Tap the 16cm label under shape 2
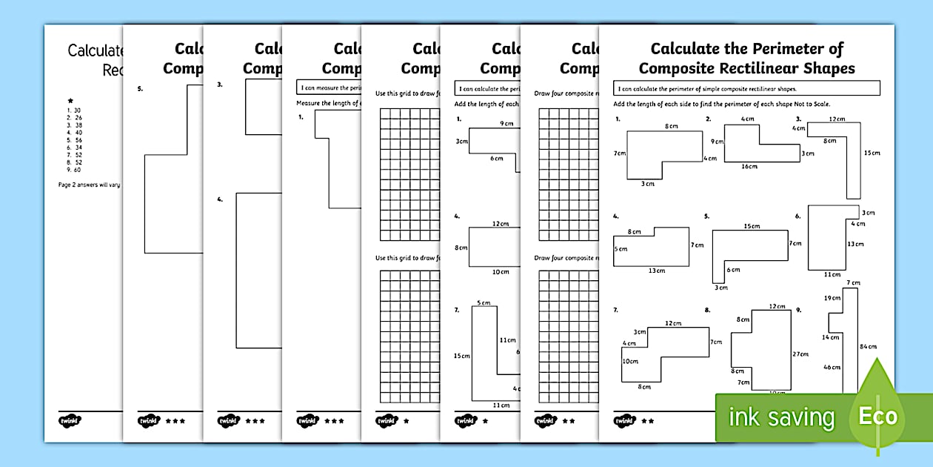pos(749,167)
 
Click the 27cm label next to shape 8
pos(800,354)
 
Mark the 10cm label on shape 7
pos(630,362)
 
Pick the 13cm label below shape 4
pos(657,271)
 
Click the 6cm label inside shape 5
pos(733,270)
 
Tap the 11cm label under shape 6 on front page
pos(832,274)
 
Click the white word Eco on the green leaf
pos(877,416)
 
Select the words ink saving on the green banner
pos(781,417)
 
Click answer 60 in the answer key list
pos(77,170)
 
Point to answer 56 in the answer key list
pos(77,140)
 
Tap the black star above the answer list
pos(70,101)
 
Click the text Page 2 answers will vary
pos(89,185)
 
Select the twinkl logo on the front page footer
pos(624,420)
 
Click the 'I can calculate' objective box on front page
pos(747,89)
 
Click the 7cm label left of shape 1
pos(620,153)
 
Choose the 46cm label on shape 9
pos(832,367)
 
